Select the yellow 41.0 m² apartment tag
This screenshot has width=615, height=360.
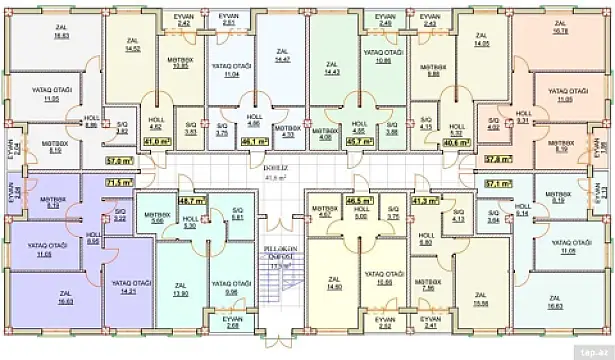[155, 141]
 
